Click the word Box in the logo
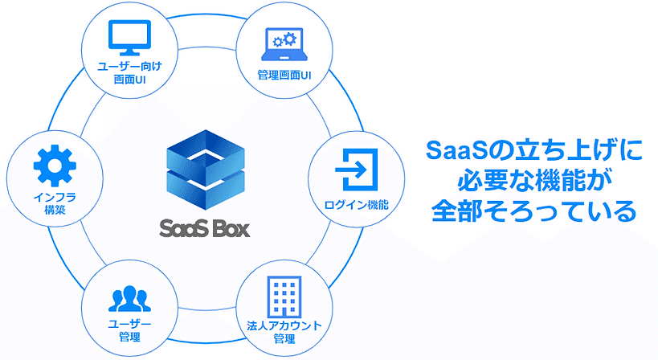pyautogui.click(x=231, y=227)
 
